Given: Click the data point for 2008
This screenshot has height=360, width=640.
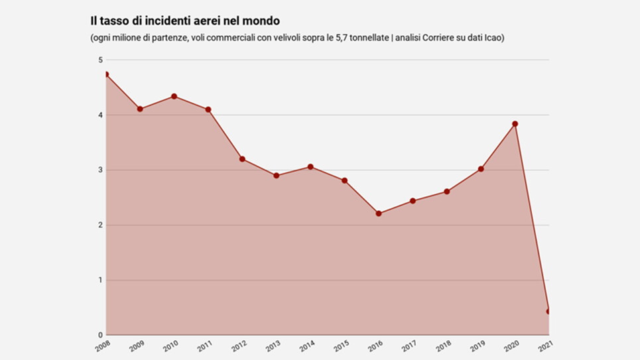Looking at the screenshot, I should click(x=106, y=74).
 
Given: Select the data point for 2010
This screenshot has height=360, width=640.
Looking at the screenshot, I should click(x=174, y=96).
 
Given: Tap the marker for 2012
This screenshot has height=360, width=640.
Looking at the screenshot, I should click(x=243, y=159).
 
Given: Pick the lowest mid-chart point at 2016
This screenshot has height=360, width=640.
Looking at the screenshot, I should click(x=379, y=213).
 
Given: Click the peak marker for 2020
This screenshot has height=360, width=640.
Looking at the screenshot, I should click(x=515, y=124).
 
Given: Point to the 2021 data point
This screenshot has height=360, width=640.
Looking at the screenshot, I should click(x=548, y=312).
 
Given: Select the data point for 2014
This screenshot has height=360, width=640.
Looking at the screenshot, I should click(x=310, y=167).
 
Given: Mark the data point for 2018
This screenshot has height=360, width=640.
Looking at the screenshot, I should click(x=447, y=192).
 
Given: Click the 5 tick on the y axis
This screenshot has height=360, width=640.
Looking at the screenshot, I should click(x=100, y=60).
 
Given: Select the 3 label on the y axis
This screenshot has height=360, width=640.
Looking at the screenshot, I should click(x=100, y=170).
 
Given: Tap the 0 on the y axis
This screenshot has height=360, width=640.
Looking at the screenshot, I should click(x=100, y=335).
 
